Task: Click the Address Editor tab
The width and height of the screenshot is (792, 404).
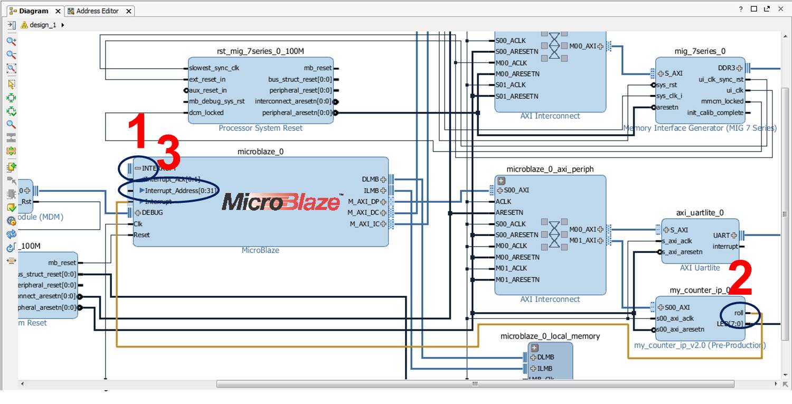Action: coord(97,11)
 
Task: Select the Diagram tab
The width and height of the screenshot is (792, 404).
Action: coord(33,11)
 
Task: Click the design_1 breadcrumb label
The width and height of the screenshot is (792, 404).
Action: coord(42,25)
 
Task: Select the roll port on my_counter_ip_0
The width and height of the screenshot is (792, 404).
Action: coord(739,313)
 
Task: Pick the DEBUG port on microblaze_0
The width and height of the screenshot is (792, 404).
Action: coord(152,213)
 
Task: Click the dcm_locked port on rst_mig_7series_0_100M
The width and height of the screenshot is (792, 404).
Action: coord(206,112)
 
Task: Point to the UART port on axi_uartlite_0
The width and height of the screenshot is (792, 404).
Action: coord(721,235)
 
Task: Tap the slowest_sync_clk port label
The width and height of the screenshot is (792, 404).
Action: coord(214,68)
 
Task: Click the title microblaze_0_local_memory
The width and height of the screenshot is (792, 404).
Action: coord(550,336)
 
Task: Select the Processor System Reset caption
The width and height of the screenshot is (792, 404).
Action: coord(260,128)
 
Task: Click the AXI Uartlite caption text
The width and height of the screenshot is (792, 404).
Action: coord(700,268)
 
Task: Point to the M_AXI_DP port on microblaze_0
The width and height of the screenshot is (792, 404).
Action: coord(364,201)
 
